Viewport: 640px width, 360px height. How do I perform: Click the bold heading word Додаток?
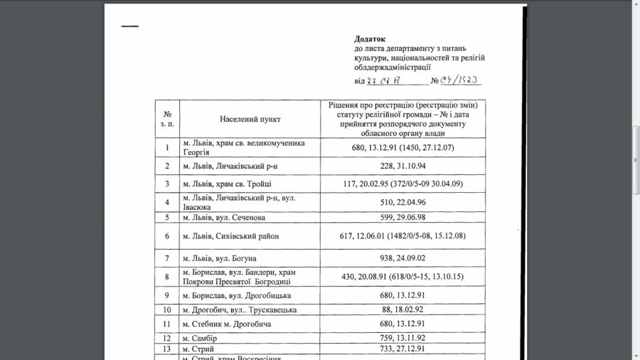pyautogui.click(x=369, y=39)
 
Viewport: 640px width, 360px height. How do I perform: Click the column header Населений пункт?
pyautogui.click(x=249, y=119)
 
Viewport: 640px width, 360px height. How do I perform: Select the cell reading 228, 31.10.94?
pyautogui.click(x=403, y=166)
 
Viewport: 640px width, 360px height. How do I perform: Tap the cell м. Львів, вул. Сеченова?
pyautogui.click(x=227, y=217)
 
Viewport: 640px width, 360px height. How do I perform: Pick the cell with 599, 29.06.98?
pyautogui.click(x=403, y=217)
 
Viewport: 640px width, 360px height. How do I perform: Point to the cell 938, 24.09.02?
pyautogui.click(x=403, y=258)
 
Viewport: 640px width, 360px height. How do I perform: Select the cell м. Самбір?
pyautogui.click(x=200, y=337)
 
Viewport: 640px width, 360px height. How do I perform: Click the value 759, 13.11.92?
pyautogui.click(x=403, y=337)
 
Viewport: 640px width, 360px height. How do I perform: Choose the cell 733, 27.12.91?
pyautogui.click(x=403, y=349)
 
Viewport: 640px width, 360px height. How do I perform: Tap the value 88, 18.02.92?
pyautogui.click(x=403, y=309)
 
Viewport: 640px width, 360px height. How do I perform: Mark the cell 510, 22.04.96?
pyautogui.click(x=403, y=201)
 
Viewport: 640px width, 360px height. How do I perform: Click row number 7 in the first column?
pyautogui.click(x=167, y=258)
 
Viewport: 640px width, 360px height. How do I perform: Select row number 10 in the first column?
pyautogui.click(x=167, y=309)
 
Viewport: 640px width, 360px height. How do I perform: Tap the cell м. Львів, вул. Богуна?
pyautogui.click(x=219, y=258)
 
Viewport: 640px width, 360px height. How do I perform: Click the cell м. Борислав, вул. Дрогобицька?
pyautogui.click(x=237, y=295)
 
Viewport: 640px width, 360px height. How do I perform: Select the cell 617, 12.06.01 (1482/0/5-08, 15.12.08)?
pyautogui.click(x=403, y=235)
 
